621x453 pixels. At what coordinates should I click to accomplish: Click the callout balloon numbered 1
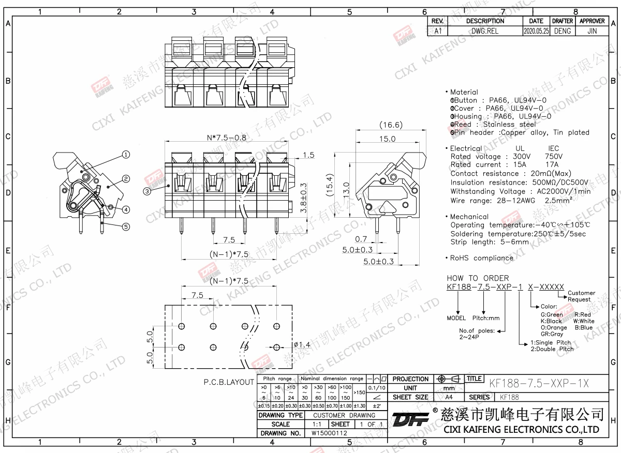click(x=125, y=154)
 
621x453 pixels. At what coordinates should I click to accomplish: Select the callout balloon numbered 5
click(x=126, y=226)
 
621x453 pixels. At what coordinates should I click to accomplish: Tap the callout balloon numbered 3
click(x=147, y=191)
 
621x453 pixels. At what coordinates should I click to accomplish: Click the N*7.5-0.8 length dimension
click(x=226, y=138)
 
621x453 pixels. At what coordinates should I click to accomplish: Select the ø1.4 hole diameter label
click(x=302, y=345)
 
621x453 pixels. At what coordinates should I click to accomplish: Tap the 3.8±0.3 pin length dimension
click(x=304, y=198)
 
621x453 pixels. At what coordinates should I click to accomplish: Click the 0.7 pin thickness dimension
click(x=361, y=239)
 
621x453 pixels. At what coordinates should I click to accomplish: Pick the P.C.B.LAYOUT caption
click(x=229, y=383)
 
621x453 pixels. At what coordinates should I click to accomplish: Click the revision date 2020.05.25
click(x=536, y=31)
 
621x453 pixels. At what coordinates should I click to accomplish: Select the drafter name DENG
click(x=562, y=31)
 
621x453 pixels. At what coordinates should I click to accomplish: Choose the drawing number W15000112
click(x=329, y=433)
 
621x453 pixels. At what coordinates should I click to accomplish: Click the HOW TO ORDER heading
click(x=478, y=278)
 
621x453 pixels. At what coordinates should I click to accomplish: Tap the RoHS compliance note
click(x=481, y=258)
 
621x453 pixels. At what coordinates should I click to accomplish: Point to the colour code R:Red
click(x=582, y=314)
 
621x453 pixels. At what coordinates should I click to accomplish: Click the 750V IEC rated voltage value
click(x=554, y=156)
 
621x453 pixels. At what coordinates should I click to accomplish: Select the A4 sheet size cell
click(x=449, y=397)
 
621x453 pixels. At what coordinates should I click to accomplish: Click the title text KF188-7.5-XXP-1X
click(x=538, y=383)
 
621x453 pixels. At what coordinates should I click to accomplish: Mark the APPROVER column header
click(x=592, y=21)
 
